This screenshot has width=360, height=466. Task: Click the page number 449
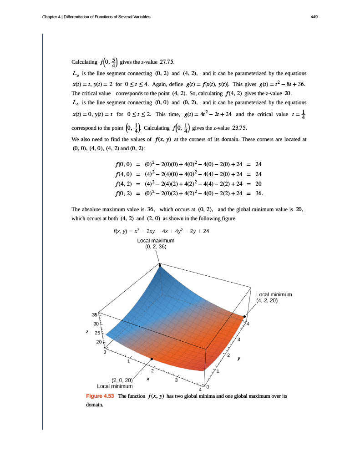314,17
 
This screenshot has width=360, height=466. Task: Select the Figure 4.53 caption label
100,396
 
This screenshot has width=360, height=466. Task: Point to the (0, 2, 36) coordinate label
156,247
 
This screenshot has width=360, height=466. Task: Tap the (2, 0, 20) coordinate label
122,380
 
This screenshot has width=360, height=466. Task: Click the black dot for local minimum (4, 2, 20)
244,316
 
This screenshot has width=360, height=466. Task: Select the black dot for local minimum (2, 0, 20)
152,360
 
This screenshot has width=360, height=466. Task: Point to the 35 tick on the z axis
95,314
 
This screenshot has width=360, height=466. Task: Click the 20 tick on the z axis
99,342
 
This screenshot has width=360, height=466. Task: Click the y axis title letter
238,358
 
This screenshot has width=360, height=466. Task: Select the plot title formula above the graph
161,231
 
